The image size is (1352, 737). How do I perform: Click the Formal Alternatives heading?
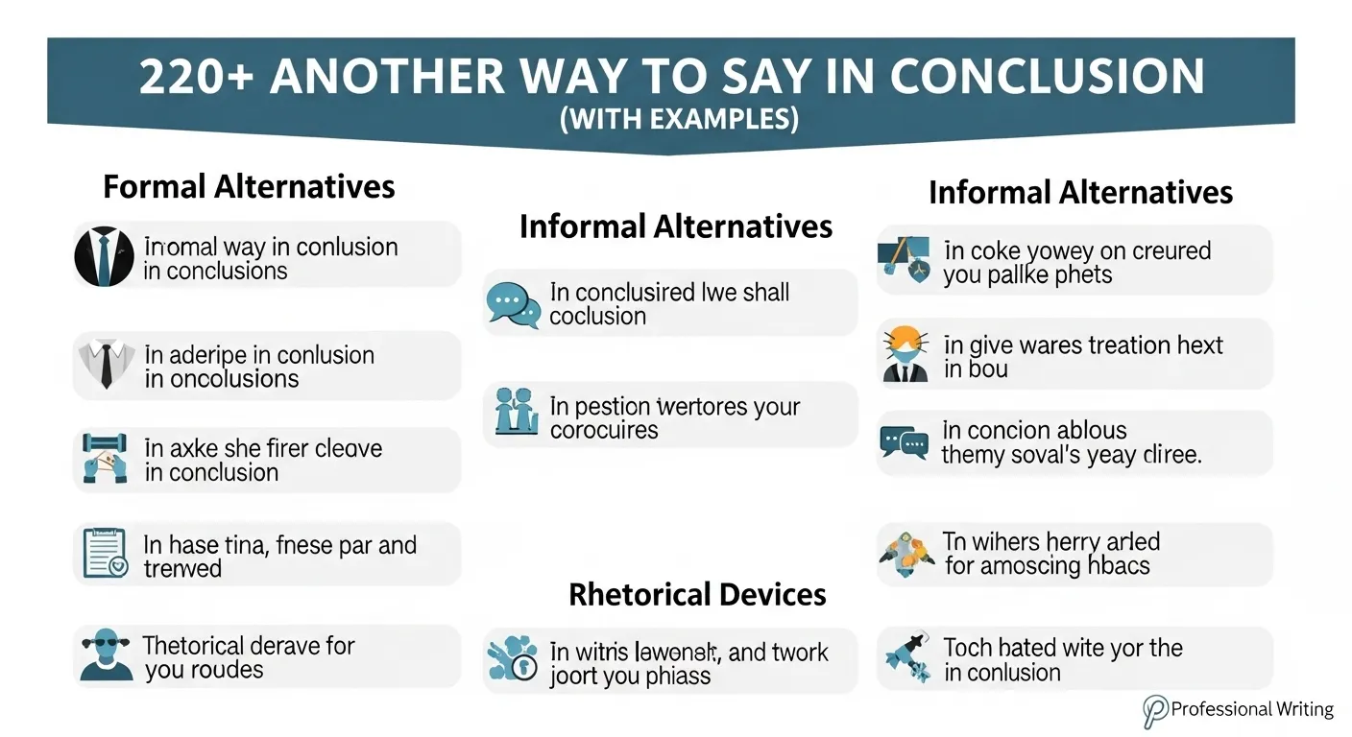click(x=249, y=185)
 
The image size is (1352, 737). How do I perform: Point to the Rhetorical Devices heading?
click(x=697, y=594)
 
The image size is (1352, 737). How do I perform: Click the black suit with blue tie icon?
click(x=104, y=256)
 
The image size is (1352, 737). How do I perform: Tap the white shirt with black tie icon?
click(x=103, y=365)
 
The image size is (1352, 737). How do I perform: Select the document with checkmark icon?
click(x=105, y=554)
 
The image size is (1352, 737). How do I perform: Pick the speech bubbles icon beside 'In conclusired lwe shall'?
click(x=513, y=304)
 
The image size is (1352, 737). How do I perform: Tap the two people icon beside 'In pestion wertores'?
click(x=515, y=414)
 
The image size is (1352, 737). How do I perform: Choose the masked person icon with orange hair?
click(x=905, y=354)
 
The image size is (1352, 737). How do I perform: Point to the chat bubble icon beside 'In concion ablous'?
click(x=904, y=442)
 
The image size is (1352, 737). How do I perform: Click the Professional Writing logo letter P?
click(x=1155, y=711)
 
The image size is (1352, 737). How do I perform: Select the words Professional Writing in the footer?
click(x=1252, y=710)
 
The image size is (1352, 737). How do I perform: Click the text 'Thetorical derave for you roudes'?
click(x=249, y=657)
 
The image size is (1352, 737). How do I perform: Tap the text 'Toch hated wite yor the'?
click(x=1063, y=648)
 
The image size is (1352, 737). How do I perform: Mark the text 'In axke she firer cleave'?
click(x=262, y=448)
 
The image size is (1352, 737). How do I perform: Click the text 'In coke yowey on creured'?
click(x=1077, y=251)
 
